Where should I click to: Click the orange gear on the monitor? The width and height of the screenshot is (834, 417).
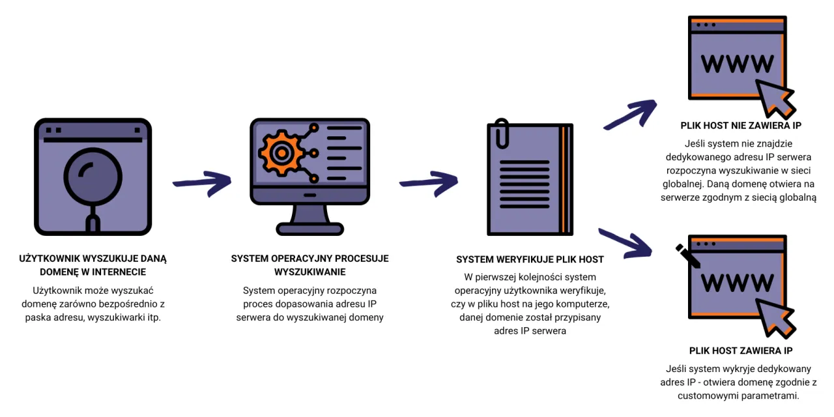click(281, 154)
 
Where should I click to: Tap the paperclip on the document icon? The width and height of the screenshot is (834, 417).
click(500, 134)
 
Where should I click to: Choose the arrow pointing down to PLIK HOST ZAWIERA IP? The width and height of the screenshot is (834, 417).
click(625, 241)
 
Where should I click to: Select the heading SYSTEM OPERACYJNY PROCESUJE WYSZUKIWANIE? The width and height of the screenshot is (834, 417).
click(309, 265)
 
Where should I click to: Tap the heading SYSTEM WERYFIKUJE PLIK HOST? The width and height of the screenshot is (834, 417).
click(530, 259)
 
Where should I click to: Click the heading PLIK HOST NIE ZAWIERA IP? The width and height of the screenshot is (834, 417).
click(741, 125)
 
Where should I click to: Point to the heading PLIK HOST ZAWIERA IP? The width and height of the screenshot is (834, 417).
click(741, 351)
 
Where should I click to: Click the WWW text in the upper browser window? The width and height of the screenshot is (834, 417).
click(738, 63)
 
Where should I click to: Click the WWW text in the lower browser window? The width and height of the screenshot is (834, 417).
click(738, 282)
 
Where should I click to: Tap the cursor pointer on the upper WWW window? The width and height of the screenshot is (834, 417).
click(775, 98)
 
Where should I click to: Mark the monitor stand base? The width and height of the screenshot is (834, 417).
click(309, 229)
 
